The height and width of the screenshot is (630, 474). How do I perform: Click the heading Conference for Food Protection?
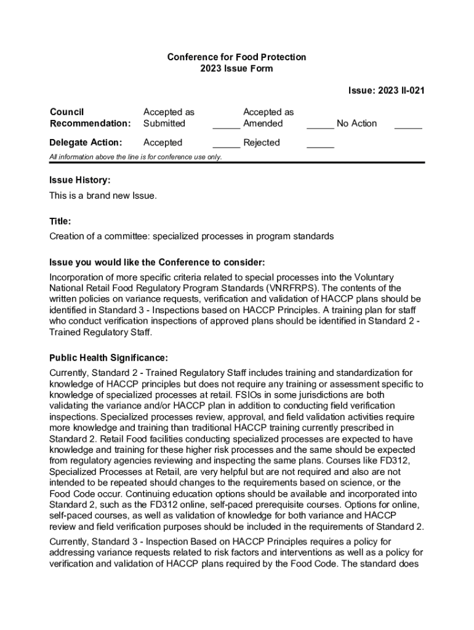click(236, 57)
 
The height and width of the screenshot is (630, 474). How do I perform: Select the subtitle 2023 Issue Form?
click(236, 69)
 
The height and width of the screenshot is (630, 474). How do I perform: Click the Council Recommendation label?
click(90, 118)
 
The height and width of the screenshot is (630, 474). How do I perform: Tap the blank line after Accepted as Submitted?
click(226, 127)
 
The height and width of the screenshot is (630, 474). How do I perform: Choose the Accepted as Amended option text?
click(268, 118)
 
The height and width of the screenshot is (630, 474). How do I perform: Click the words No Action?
click(356, 124)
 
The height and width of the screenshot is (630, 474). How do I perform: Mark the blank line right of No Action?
click(408, 127)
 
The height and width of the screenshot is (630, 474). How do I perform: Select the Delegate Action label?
click(86, 143)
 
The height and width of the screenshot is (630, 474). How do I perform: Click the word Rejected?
click(262, 143)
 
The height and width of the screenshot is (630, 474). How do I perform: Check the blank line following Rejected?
click(320, 147)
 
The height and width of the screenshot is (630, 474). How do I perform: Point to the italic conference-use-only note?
click(135, 157)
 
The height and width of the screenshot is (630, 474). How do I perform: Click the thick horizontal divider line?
click(236, 162)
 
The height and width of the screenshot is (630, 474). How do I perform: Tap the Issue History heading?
click(80, 180)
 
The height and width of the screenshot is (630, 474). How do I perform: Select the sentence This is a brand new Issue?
click(103, 196)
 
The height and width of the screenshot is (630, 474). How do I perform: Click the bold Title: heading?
click(60, 221)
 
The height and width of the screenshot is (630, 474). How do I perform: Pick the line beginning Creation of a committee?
click(191, 236)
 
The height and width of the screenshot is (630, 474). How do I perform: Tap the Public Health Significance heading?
click(108, 357)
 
